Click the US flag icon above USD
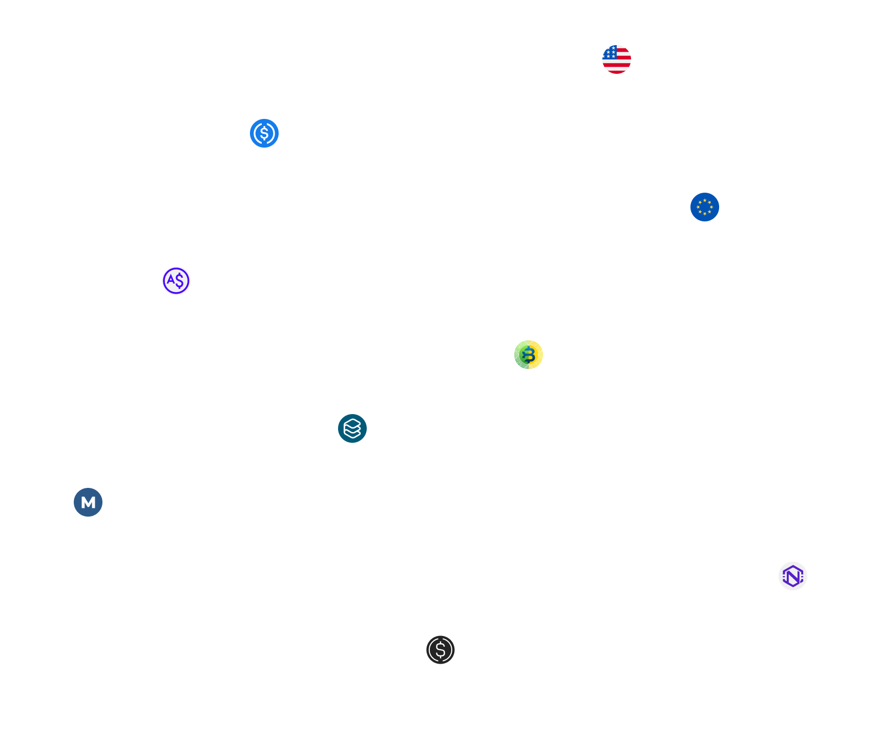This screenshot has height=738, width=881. click(x=617, y=59)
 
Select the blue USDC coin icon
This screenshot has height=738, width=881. click(x=264, y=133)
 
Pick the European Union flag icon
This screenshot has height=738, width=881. click(x=705, y=207)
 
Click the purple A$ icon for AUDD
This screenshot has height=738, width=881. click(x=176, y=281)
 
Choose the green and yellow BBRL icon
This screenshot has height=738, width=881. click(x=529, y=355)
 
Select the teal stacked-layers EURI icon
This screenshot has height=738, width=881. click(x=352, y=428)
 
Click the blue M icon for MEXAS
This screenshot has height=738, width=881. click(x=88, y=502)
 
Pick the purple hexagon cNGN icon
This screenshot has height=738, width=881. click(x=793, y=576)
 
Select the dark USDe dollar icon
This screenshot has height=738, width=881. click(x=440, y=650)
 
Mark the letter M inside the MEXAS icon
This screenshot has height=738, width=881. click(x=88, y=503)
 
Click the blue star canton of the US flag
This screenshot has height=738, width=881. click(x=610, y=52)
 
